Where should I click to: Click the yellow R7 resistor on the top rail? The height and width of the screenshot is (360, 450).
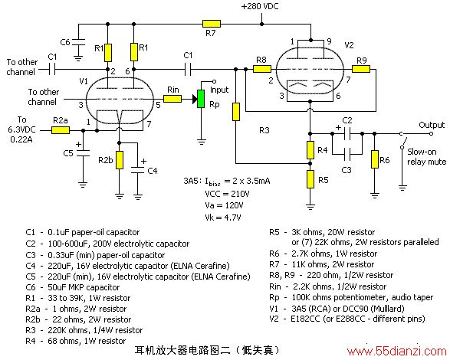(x=212, y=24)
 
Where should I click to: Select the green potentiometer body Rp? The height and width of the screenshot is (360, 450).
(x=201, y=99)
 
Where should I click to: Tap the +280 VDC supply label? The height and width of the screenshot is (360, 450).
(x=260, y=6)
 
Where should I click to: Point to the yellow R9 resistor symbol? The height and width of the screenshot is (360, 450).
(x=361, y=69)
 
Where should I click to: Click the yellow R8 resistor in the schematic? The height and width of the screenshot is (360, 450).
(x=262, y=69)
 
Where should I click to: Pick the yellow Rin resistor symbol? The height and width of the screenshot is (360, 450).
(x=172, y=99)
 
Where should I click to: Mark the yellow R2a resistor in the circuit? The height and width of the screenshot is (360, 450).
(x=61, y=130)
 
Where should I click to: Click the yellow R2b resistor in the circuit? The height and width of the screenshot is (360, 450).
(x=120, y=160)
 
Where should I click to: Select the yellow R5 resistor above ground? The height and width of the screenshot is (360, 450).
(x=310, y=179)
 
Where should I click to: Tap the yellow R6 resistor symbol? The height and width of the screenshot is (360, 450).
(x=375, y=159)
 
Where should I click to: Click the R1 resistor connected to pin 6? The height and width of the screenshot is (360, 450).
(x=134, y=52)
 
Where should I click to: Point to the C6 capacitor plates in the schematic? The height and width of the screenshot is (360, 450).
(x=78, y=42)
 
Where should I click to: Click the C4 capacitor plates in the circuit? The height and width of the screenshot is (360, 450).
(x=138, y=170)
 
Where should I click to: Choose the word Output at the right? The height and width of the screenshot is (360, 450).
(x=432, y=125)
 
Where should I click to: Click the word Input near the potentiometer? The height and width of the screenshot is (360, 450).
(x=219, y=90)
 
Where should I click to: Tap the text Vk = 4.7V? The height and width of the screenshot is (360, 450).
(x=223, y=218)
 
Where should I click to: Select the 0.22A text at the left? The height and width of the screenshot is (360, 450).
(x=21, y=139)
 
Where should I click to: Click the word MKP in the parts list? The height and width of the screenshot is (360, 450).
(x=75, y=287)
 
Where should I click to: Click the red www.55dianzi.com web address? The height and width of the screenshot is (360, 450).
(x=396, y=352)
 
